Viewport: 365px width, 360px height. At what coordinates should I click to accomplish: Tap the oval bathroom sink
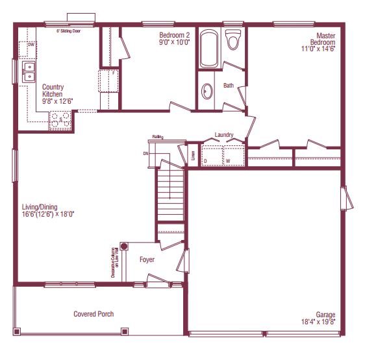tap(207, 91)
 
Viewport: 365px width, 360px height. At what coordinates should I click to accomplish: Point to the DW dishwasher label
tap(31, 45)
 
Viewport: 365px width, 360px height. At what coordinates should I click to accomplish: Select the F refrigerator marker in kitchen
tap(114, 73)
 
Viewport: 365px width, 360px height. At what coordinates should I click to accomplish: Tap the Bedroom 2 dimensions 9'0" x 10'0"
tap(173, 43)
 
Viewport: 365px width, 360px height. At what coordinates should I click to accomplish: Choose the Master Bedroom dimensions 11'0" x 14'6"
tap(318, 48)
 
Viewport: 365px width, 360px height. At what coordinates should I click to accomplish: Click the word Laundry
tap(224, 135)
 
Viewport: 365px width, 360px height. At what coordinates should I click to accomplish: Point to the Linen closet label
tap(192, 156)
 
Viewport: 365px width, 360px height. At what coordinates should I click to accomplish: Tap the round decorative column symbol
tap(123, 246)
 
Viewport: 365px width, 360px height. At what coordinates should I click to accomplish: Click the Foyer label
tap(147, 259)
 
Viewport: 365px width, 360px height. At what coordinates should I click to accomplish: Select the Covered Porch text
tap(94, 314)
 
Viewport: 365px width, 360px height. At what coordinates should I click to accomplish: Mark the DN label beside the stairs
tap(146, 154)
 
